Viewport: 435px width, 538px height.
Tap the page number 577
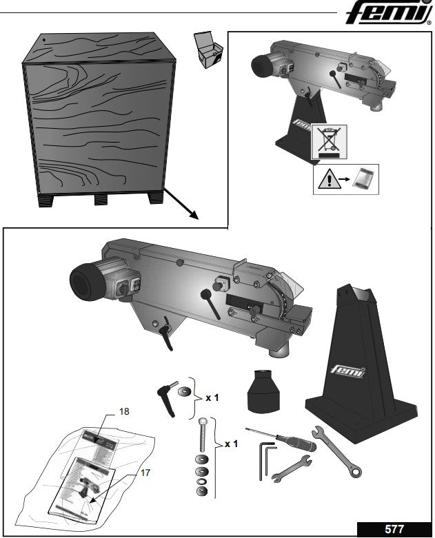pyautogui.click(x=394, y=529)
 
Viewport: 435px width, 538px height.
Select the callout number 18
pyautogui.click(x=124, y=411)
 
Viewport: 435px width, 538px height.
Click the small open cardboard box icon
pyautogui.click(x=208, y=49)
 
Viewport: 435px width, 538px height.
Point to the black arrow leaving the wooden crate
pyautogui.click(x=182, y=205)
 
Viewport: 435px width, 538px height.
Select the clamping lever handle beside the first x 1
pyautogui.click(x=168, y=397)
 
